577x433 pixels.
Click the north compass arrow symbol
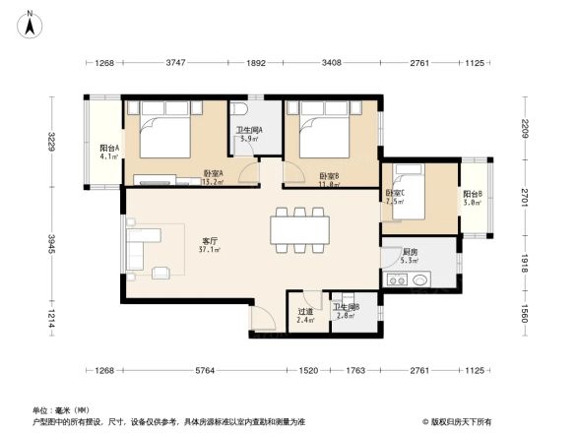[31, 19]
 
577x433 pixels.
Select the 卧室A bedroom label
[213, 173]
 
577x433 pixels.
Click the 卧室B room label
[328, 177]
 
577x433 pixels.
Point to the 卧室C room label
[397, 193]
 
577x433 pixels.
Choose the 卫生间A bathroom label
[247, 132]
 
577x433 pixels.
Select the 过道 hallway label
[305, 312]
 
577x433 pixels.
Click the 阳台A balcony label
[108, 150]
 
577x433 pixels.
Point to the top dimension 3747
[175, 63]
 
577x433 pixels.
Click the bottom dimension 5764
[205, 371]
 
